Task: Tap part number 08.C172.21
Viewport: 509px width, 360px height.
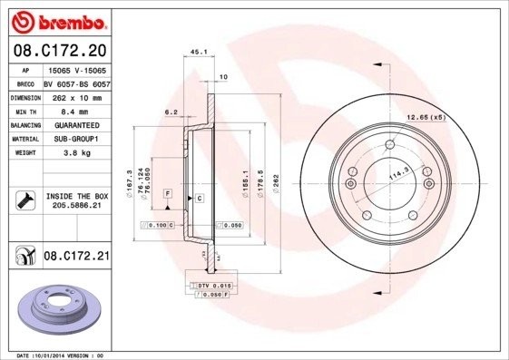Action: [76, 258]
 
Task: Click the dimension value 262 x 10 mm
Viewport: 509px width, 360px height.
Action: [75, 95]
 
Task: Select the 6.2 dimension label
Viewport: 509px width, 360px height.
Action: [169, 113]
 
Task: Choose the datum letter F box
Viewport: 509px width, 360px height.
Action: [168, 194]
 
